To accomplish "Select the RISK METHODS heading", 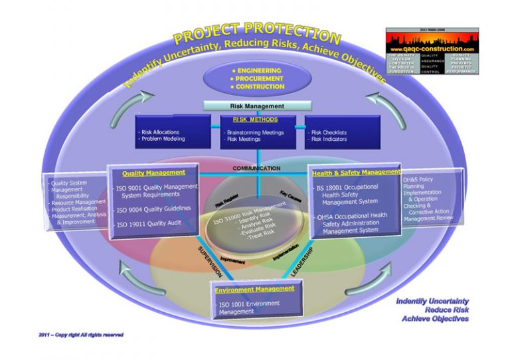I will tap(255, 120).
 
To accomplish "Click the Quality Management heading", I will tap(153, 173).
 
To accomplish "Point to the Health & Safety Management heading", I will tap(356, 173).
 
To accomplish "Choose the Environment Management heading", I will tap(255, 289).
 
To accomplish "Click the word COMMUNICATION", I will tap(256, 169).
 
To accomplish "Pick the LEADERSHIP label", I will tap(301, 257).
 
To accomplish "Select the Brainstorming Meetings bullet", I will tap(255, 132).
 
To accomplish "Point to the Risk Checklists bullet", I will tap(328, 132).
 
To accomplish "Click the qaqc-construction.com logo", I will tap(432, 50).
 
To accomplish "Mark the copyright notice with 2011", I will tap(81, 335).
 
